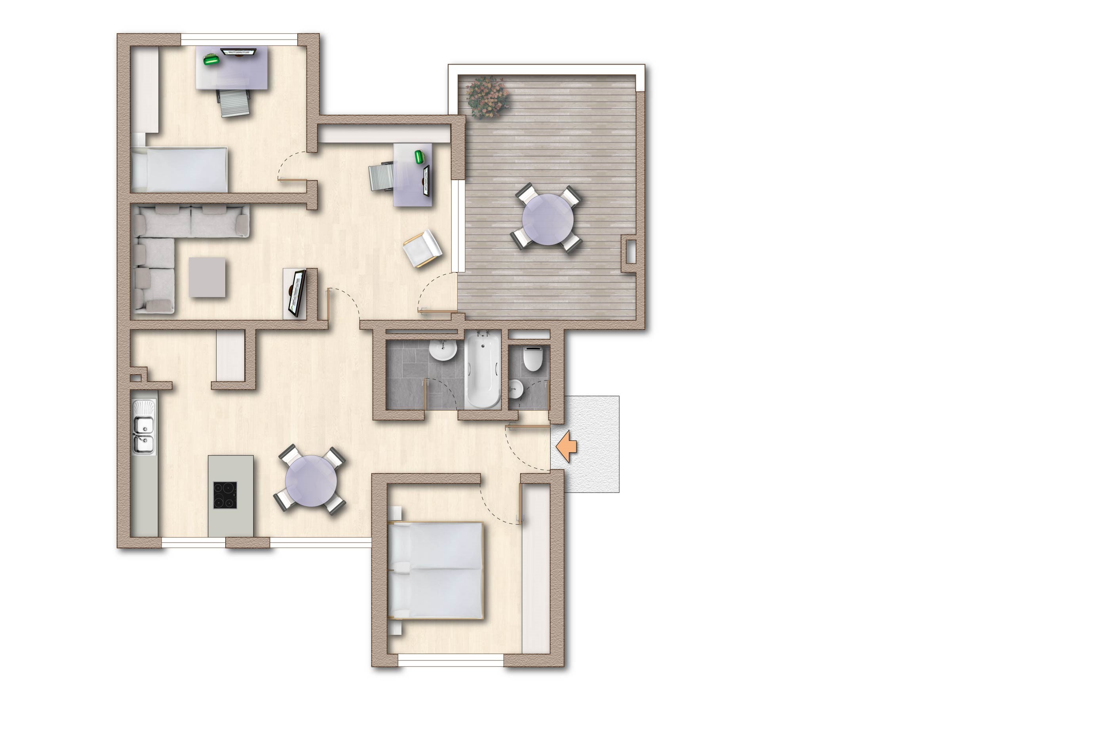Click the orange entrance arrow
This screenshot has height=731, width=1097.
point(567,446)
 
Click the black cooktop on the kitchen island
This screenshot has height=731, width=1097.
point(225,495)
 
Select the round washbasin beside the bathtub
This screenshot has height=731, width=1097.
point(442,350)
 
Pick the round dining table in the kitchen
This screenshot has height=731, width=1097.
point(311,481)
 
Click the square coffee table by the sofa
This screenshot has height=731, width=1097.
point(207,278)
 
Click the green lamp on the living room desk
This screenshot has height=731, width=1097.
point(420,157)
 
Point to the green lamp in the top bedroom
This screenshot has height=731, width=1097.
point(211,59)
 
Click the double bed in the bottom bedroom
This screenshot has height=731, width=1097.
point(436,570)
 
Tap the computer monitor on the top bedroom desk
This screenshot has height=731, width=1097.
point(239,52)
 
